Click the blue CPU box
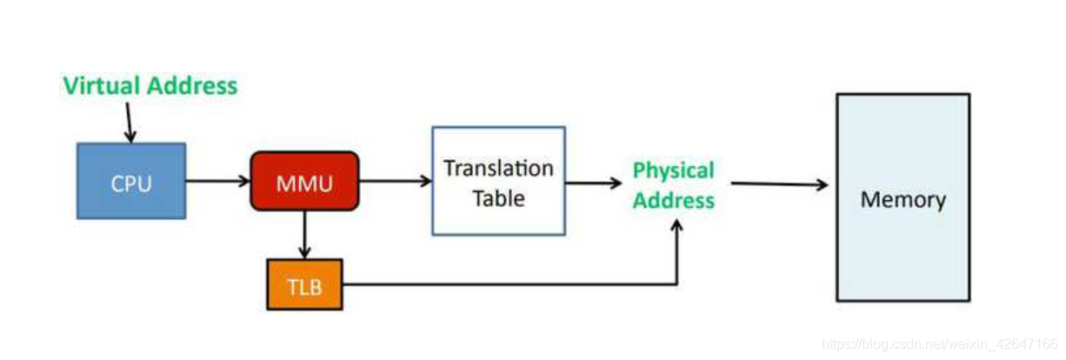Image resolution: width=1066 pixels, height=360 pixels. [131, 181]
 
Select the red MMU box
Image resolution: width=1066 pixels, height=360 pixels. [304, 181]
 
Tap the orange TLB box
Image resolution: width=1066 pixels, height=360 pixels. [304, 284]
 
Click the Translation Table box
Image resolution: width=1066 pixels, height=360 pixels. [498, 181]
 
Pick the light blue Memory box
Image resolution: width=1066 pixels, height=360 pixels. [903, 197]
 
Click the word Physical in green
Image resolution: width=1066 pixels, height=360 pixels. [673, 170]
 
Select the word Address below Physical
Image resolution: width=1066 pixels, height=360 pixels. [673, 201]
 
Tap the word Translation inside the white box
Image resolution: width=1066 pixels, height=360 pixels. [498, 168]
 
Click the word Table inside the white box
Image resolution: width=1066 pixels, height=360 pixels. [498, 198]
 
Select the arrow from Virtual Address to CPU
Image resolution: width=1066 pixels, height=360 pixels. [129, 123]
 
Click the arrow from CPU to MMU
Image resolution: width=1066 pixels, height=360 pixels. [217, 181]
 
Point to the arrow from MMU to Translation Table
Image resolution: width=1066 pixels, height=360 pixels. [396, 181]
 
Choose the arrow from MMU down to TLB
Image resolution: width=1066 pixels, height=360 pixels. [304, 234]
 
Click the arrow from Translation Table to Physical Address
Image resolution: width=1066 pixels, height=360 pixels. [593, 183]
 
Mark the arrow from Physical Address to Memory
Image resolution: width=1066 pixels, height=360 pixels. [778, 184]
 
